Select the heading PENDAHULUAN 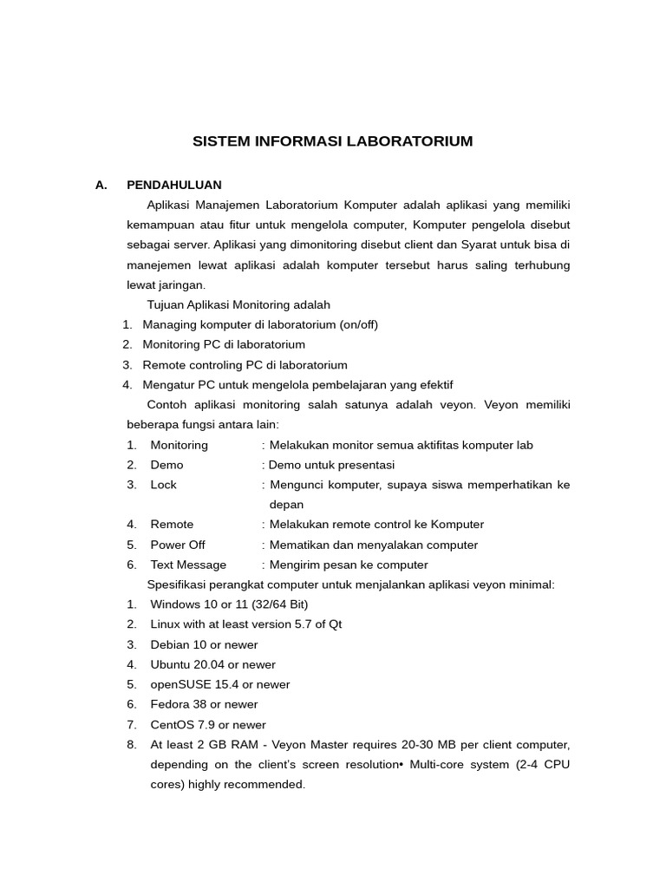coord(174,185)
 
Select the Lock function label coord(163,485)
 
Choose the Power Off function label coord(178,545)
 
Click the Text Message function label coord(188,565)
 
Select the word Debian coord(169,644)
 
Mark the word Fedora coord(170,704)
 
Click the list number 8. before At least coord(132,744)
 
